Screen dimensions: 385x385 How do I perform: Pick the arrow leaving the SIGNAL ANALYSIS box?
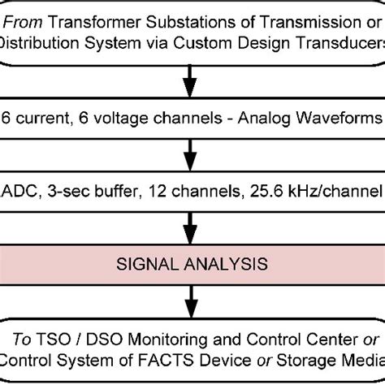click(x=192, y=305)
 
